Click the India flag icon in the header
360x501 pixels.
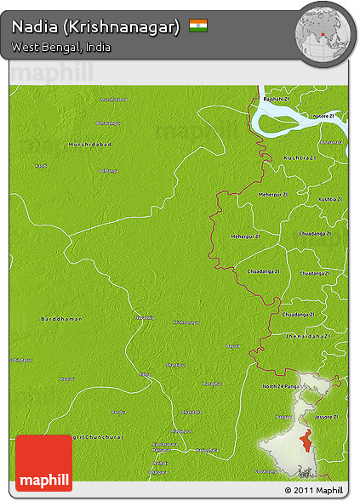[x=198, y=26]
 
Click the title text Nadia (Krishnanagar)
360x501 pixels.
[x=96, y=26]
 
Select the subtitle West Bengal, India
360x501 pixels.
[x=61, y=47]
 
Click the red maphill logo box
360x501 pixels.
[x=43, y=462]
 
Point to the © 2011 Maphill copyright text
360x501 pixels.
[x=314, y=491]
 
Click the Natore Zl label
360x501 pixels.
[x=323, y=115]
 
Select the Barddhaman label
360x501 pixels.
[x=61, y=318]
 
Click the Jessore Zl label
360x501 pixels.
[x=324, y=417]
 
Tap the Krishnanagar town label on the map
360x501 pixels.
[x=186, y=322]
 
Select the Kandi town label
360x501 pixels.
[x=40, y=165]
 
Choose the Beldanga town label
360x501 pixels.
[x=108, y=171]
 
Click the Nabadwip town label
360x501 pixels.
[x=146, y=318]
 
